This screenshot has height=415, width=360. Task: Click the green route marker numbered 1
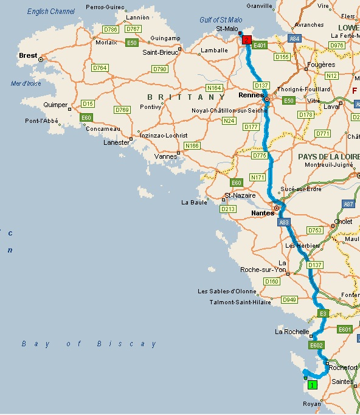pos(312,385)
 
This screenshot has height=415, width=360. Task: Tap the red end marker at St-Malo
pos(246,40)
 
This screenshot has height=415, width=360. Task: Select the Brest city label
pos(28,55)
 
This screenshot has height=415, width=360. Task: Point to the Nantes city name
pos(262,214)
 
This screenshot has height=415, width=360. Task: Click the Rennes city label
pos(251,96)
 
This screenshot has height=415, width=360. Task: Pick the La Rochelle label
pos(292,332)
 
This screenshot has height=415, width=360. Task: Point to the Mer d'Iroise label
pos(26,83)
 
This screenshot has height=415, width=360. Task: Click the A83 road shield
pos(284,223)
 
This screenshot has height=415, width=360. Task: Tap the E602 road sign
pos(316,345)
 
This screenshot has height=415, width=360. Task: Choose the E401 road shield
pos(260,44)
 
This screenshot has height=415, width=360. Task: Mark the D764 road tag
pos(100,68)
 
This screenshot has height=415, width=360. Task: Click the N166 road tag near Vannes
pos(192,145)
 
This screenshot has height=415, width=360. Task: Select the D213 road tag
pos(228,209)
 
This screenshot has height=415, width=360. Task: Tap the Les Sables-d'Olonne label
pos(227,291)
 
